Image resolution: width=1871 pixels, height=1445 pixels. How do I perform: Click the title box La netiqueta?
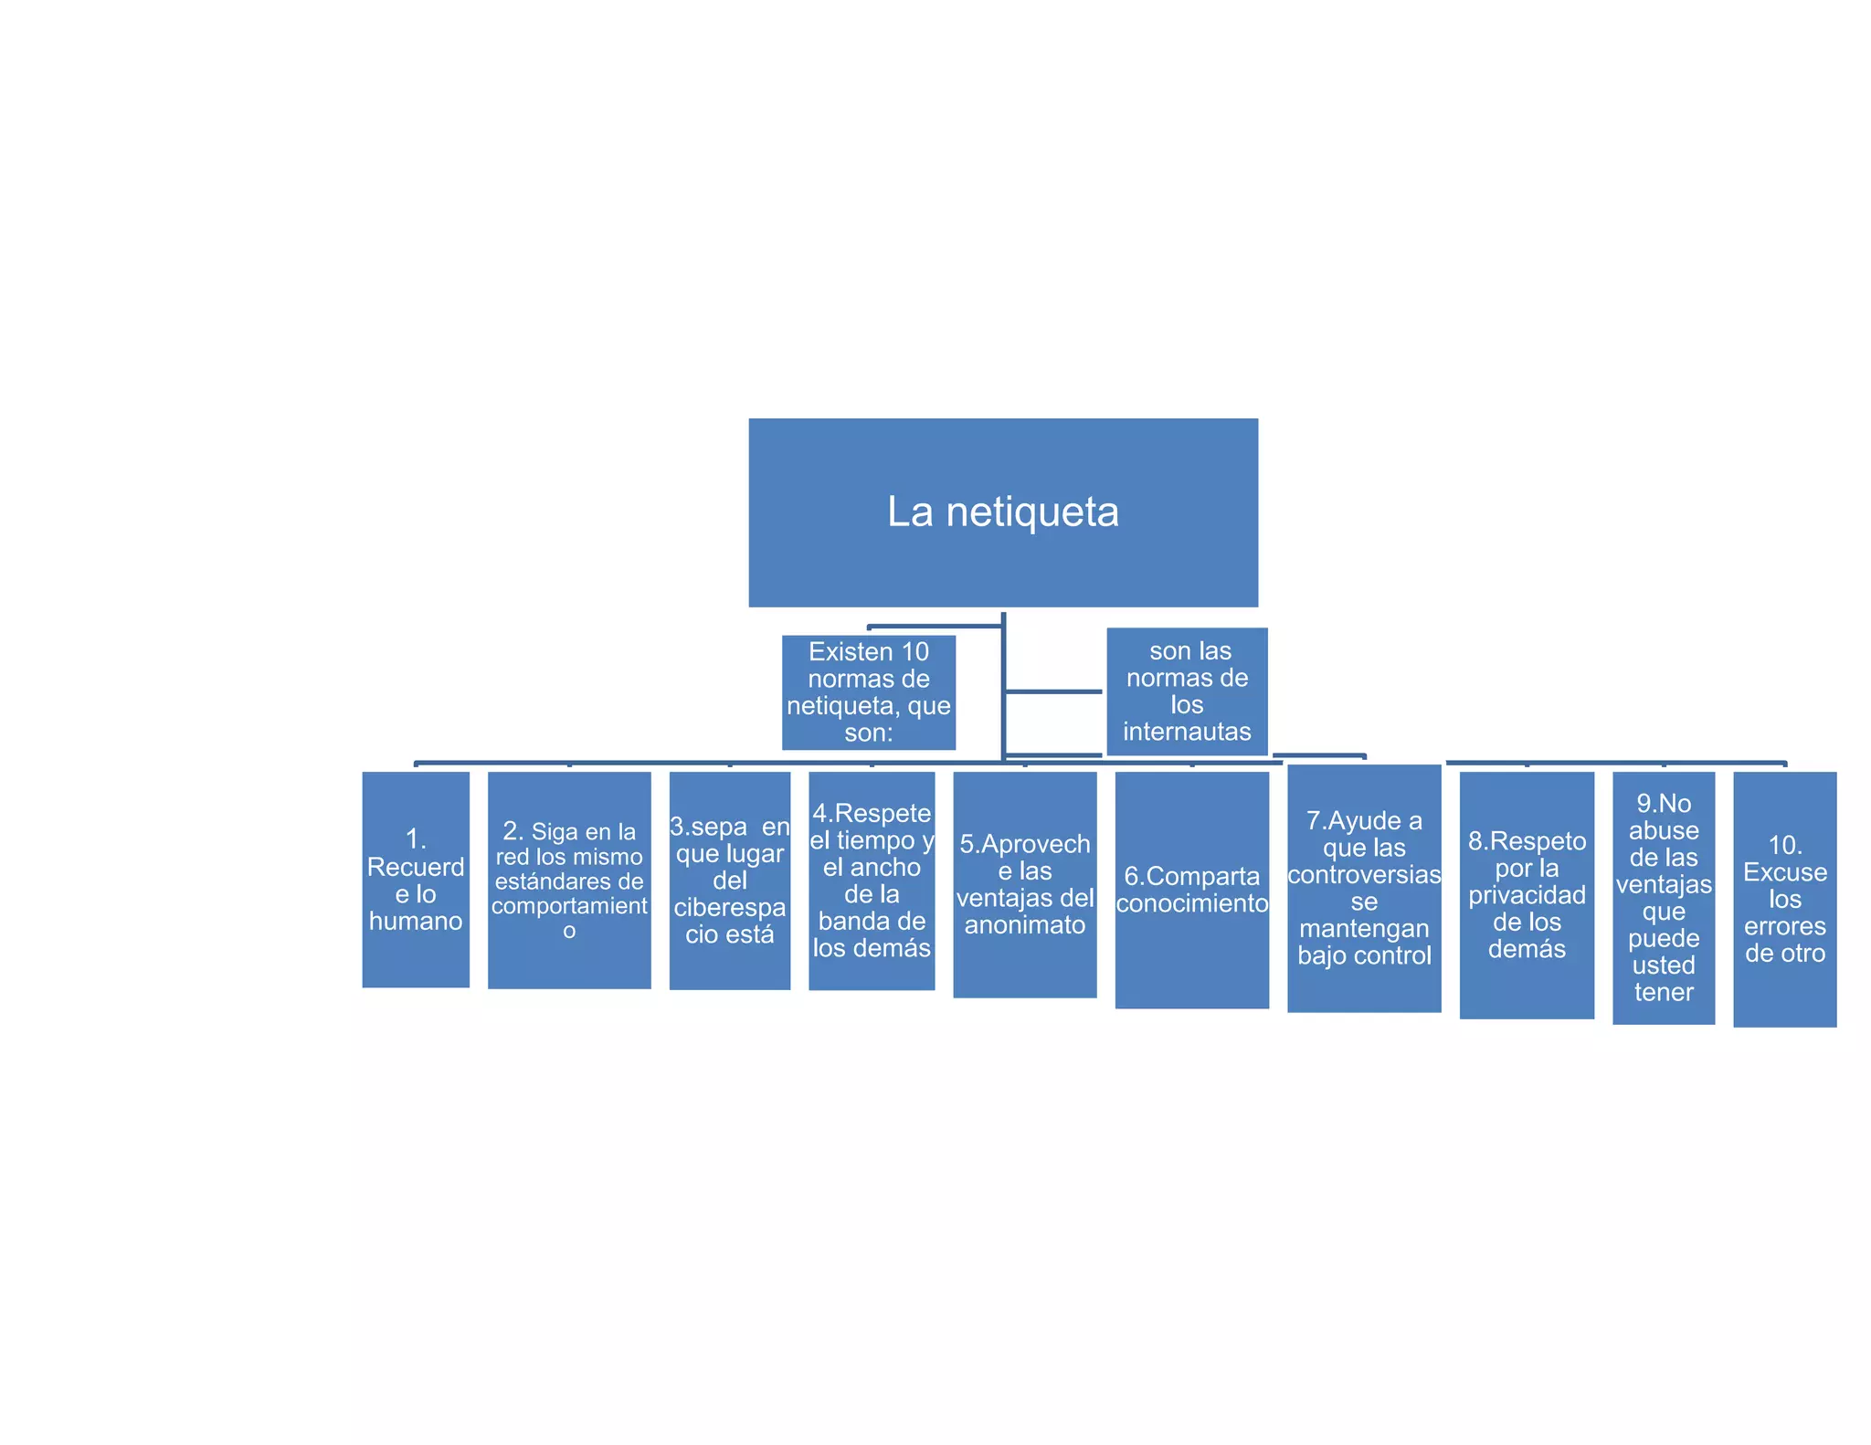pyautogui.click(x=1002, y=512)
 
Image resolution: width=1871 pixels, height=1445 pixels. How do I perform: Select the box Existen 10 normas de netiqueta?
pyautogui.click(x=868, y=691)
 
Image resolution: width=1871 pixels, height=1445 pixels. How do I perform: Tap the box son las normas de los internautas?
pyautogui.click(x=1187, y=691)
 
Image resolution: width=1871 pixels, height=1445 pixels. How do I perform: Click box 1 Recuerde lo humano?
pyautogui.click(x=416, y=879)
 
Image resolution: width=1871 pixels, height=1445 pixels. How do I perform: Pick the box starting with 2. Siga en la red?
pyautogui.click(x=569, y=880)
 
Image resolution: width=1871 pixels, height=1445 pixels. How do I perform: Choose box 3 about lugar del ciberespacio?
pyautogui.click(x=729, y=880)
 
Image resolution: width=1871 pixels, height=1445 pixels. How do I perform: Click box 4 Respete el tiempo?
pyautogui.click(x=872, y=881)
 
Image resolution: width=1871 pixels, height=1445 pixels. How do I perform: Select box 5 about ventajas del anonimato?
pyautogui.click(x=1024, y=884)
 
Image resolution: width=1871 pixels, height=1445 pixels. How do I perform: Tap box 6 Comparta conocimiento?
pyautogui.click(x=1191, y=890)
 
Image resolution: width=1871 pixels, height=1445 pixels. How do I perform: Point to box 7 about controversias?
pyautogui.click(x=1364, y=888)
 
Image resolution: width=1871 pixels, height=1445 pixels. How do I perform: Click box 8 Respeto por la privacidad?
pyautogui.click(x=1527, y=894)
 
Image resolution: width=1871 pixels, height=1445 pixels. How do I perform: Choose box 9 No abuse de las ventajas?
pyautogui.click(x=1663, y=897)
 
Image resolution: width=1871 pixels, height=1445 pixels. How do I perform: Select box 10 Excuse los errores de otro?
pyautogui.click(x=1784, y=899)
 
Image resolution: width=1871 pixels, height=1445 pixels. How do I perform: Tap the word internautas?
pyautogui.click(x=1187, y=732)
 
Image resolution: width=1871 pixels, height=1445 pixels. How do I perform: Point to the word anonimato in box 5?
pyautogui.click(x=1024, y=925)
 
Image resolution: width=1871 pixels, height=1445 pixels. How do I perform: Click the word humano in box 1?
pyautogui.click(x=416, y=921)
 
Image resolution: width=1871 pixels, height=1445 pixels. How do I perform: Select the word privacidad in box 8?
pyautogui.click(x=1527, y=895)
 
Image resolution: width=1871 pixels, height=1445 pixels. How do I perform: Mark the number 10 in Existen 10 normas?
pyautogui.click(x=914, y=652)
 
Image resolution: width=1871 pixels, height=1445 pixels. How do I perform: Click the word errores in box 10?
pyautogui.click(x=1784, y=926)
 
